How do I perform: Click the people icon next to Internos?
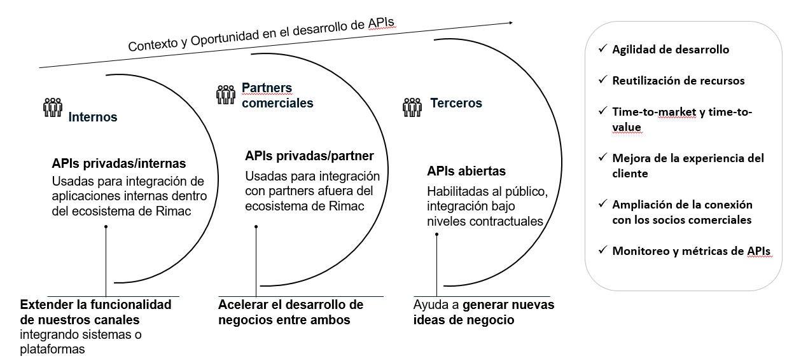click(52, 107)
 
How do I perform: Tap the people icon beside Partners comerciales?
click(226, 94)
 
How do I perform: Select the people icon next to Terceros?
click(412, 107)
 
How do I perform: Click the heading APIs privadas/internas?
click(119, 163)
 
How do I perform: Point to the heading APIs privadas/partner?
click(309, 155)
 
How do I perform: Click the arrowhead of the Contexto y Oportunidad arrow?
click(510, 23)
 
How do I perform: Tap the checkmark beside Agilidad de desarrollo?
click(602, 49)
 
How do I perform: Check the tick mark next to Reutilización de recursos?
click(602, 80)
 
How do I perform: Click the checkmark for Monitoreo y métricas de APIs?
click(602, 250)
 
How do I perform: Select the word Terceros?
click(456, 103)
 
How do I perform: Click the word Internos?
click(93, 118)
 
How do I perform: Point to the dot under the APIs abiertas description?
click(436, 235)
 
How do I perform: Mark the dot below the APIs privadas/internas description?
click(106, 227)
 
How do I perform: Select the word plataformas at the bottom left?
click(52, 349)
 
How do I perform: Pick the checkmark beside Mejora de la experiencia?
click(602, 158)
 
